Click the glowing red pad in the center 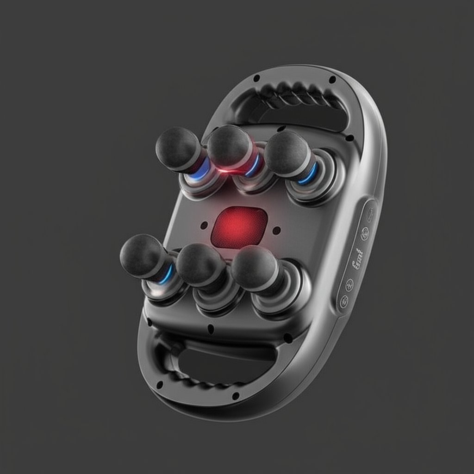pos(239,227)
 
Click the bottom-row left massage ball pos(141,255)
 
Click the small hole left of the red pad pos(204,225)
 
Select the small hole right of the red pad pos(276,230)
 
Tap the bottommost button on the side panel pos(344,302)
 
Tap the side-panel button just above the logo pos(365,234)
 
